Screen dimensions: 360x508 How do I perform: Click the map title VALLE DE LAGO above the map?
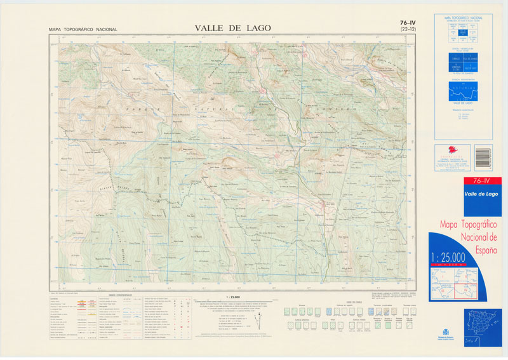tap(232, 28)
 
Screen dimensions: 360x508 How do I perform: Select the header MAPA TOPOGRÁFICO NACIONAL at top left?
tap(83, 30)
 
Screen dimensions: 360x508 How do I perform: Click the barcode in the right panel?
tap(483, 156)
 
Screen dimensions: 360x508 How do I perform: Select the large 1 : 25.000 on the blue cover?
tap(448, 257)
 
